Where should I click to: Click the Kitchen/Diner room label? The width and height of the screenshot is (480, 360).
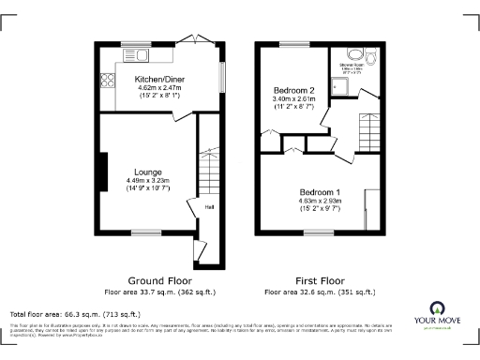(157, 80)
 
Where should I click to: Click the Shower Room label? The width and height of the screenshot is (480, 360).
(358, 66)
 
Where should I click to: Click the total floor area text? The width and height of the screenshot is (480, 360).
(75, 314)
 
